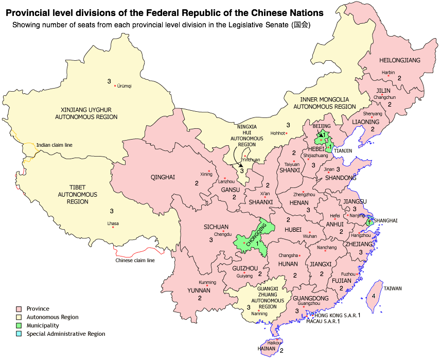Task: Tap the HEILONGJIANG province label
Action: pyautogui.click(x=399, y=60)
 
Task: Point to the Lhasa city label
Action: pyautogui.click(x=113, y=223)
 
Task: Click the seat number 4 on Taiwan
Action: pyautogui.click(x=373, y=296)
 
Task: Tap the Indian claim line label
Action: pyautogui.click(x=54, y=145)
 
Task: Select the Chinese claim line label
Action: pyautogui.click(x=135, y=261)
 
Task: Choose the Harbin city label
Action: pyautogui.click(x=388, y=73)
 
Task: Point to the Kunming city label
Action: pyautogui.click(x=207, y=283)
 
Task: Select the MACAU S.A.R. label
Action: pyautogui.click(x=321, y=321)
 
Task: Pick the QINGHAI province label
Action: pyautogui.click(x=163, y=178)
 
